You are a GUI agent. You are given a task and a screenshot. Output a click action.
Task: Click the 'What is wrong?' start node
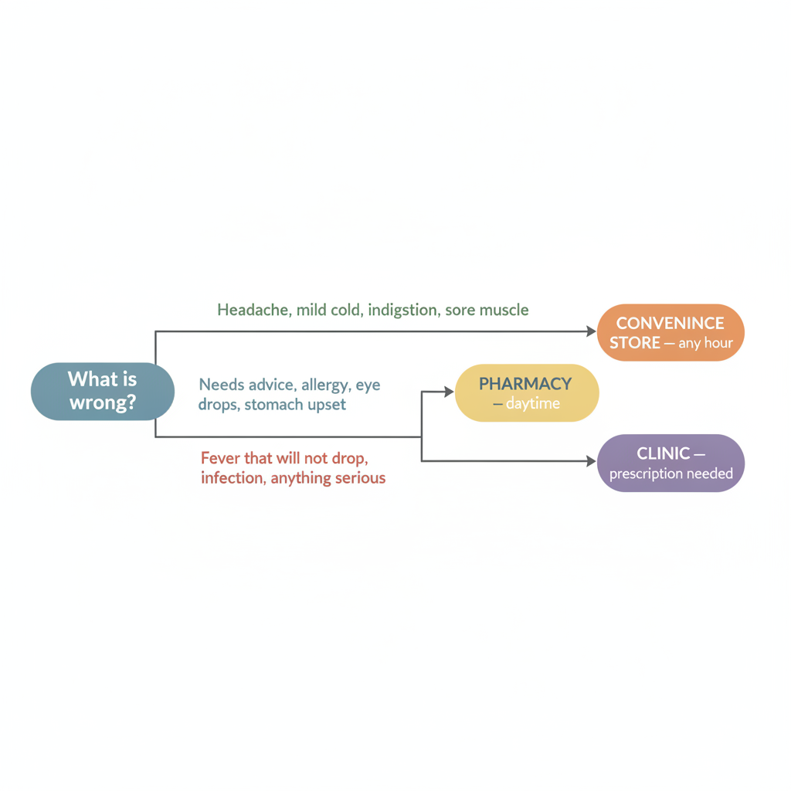103,392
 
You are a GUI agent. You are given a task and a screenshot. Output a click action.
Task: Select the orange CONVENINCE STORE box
670,332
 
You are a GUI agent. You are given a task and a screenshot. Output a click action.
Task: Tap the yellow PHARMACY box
527,393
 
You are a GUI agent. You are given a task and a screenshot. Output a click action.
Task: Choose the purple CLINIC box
670,463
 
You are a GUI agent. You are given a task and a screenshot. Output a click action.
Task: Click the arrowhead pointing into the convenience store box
591,331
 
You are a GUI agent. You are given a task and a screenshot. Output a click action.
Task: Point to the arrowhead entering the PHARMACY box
449,392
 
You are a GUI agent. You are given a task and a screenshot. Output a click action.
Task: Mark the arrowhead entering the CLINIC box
591,460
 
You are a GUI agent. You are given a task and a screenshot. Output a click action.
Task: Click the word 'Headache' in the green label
254,310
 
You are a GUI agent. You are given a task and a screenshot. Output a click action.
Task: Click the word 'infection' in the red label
233,477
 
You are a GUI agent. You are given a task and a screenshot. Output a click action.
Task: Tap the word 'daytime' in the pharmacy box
533,404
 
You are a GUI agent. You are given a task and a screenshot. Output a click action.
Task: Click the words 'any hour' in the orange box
705,344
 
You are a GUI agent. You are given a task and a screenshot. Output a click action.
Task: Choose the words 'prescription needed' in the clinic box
671,474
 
